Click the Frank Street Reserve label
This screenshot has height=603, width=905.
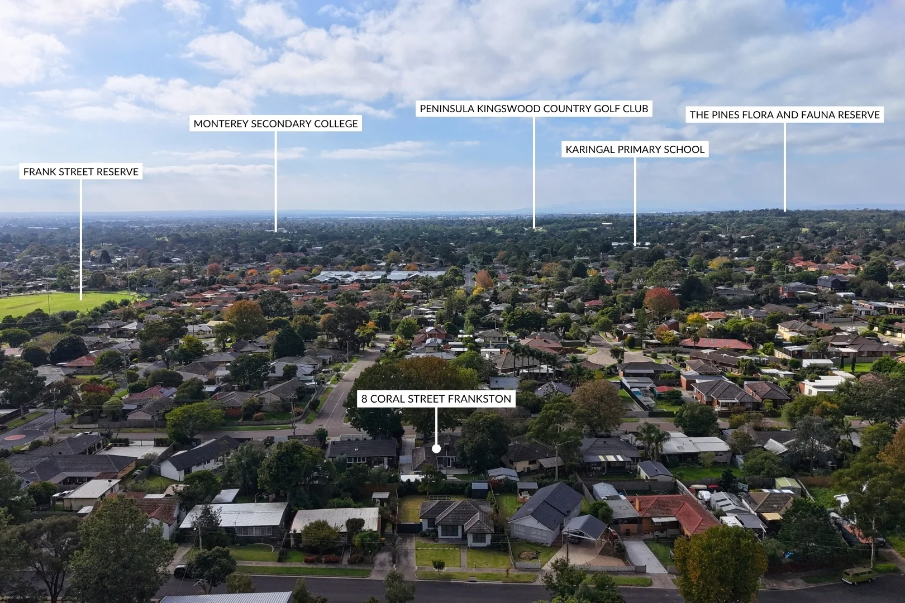click(x=81, y=171)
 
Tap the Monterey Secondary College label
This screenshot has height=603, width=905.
click(x=275, y=123)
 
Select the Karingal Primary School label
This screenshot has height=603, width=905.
click(x=635, y=150)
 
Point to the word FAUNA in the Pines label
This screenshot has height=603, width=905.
click(x=801, y=114)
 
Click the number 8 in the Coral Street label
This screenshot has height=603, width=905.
click(x=364, y=399)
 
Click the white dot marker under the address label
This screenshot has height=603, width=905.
click(x=436, y=448)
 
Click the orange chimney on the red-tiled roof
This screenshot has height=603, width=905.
click(x=637, y=504)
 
